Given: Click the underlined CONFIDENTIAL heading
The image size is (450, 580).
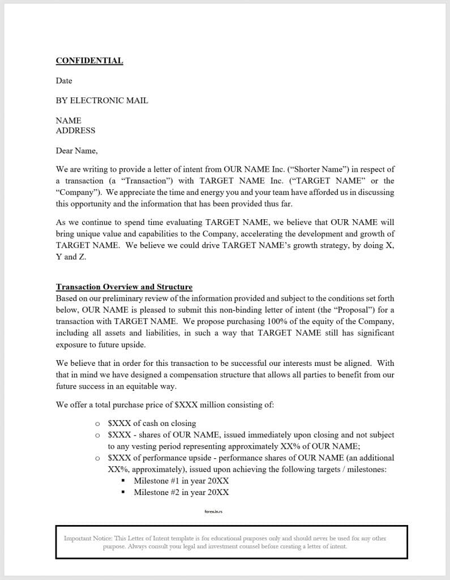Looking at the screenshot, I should [89, 61].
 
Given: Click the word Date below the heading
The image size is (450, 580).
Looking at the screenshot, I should [64, 80].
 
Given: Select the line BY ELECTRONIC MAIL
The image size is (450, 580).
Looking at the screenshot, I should [102, 100].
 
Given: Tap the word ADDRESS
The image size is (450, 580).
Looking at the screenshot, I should [75, 130].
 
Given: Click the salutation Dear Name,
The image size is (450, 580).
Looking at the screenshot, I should [76, 151].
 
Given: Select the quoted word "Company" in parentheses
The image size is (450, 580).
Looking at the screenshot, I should [78, 192].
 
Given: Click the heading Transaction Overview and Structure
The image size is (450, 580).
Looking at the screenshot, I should [124, 287].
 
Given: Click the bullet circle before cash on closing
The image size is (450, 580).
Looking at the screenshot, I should [97, 424].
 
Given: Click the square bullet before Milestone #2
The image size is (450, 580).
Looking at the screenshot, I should [123, 493].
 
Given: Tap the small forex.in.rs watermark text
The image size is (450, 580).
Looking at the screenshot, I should [214, 511].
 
